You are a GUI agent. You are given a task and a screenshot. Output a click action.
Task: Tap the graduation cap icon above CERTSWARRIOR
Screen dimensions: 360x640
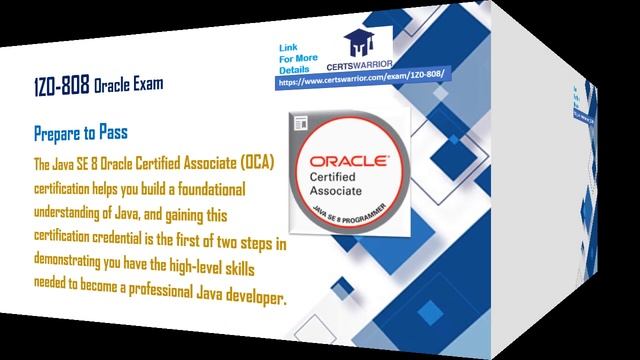point(361,41)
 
